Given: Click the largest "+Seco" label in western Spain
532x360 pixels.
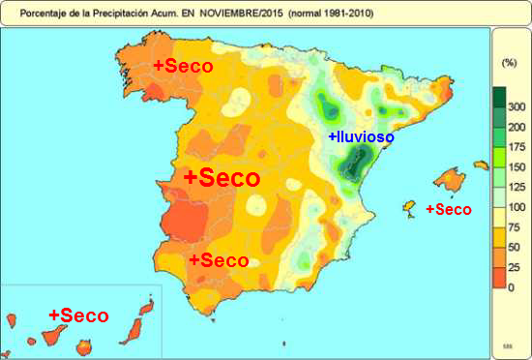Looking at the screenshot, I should [x=222, y=178].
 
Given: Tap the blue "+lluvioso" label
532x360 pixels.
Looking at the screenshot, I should [x=361, y=137].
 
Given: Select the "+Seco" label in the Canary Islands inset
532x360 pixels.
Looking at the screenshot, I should [x=78, y=315].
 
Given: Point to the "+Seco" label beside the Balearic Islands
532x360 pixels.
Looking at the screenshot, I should [x=449, y=209].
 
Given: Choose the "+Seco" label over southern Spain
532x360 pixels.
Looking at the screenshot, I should [x=219, y=260].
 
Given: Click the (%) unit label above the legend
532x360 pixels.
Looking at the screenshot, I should [x=510, y=62].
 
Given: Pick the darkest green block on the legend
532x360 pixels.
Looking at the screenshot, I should [x=499, y=97].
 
